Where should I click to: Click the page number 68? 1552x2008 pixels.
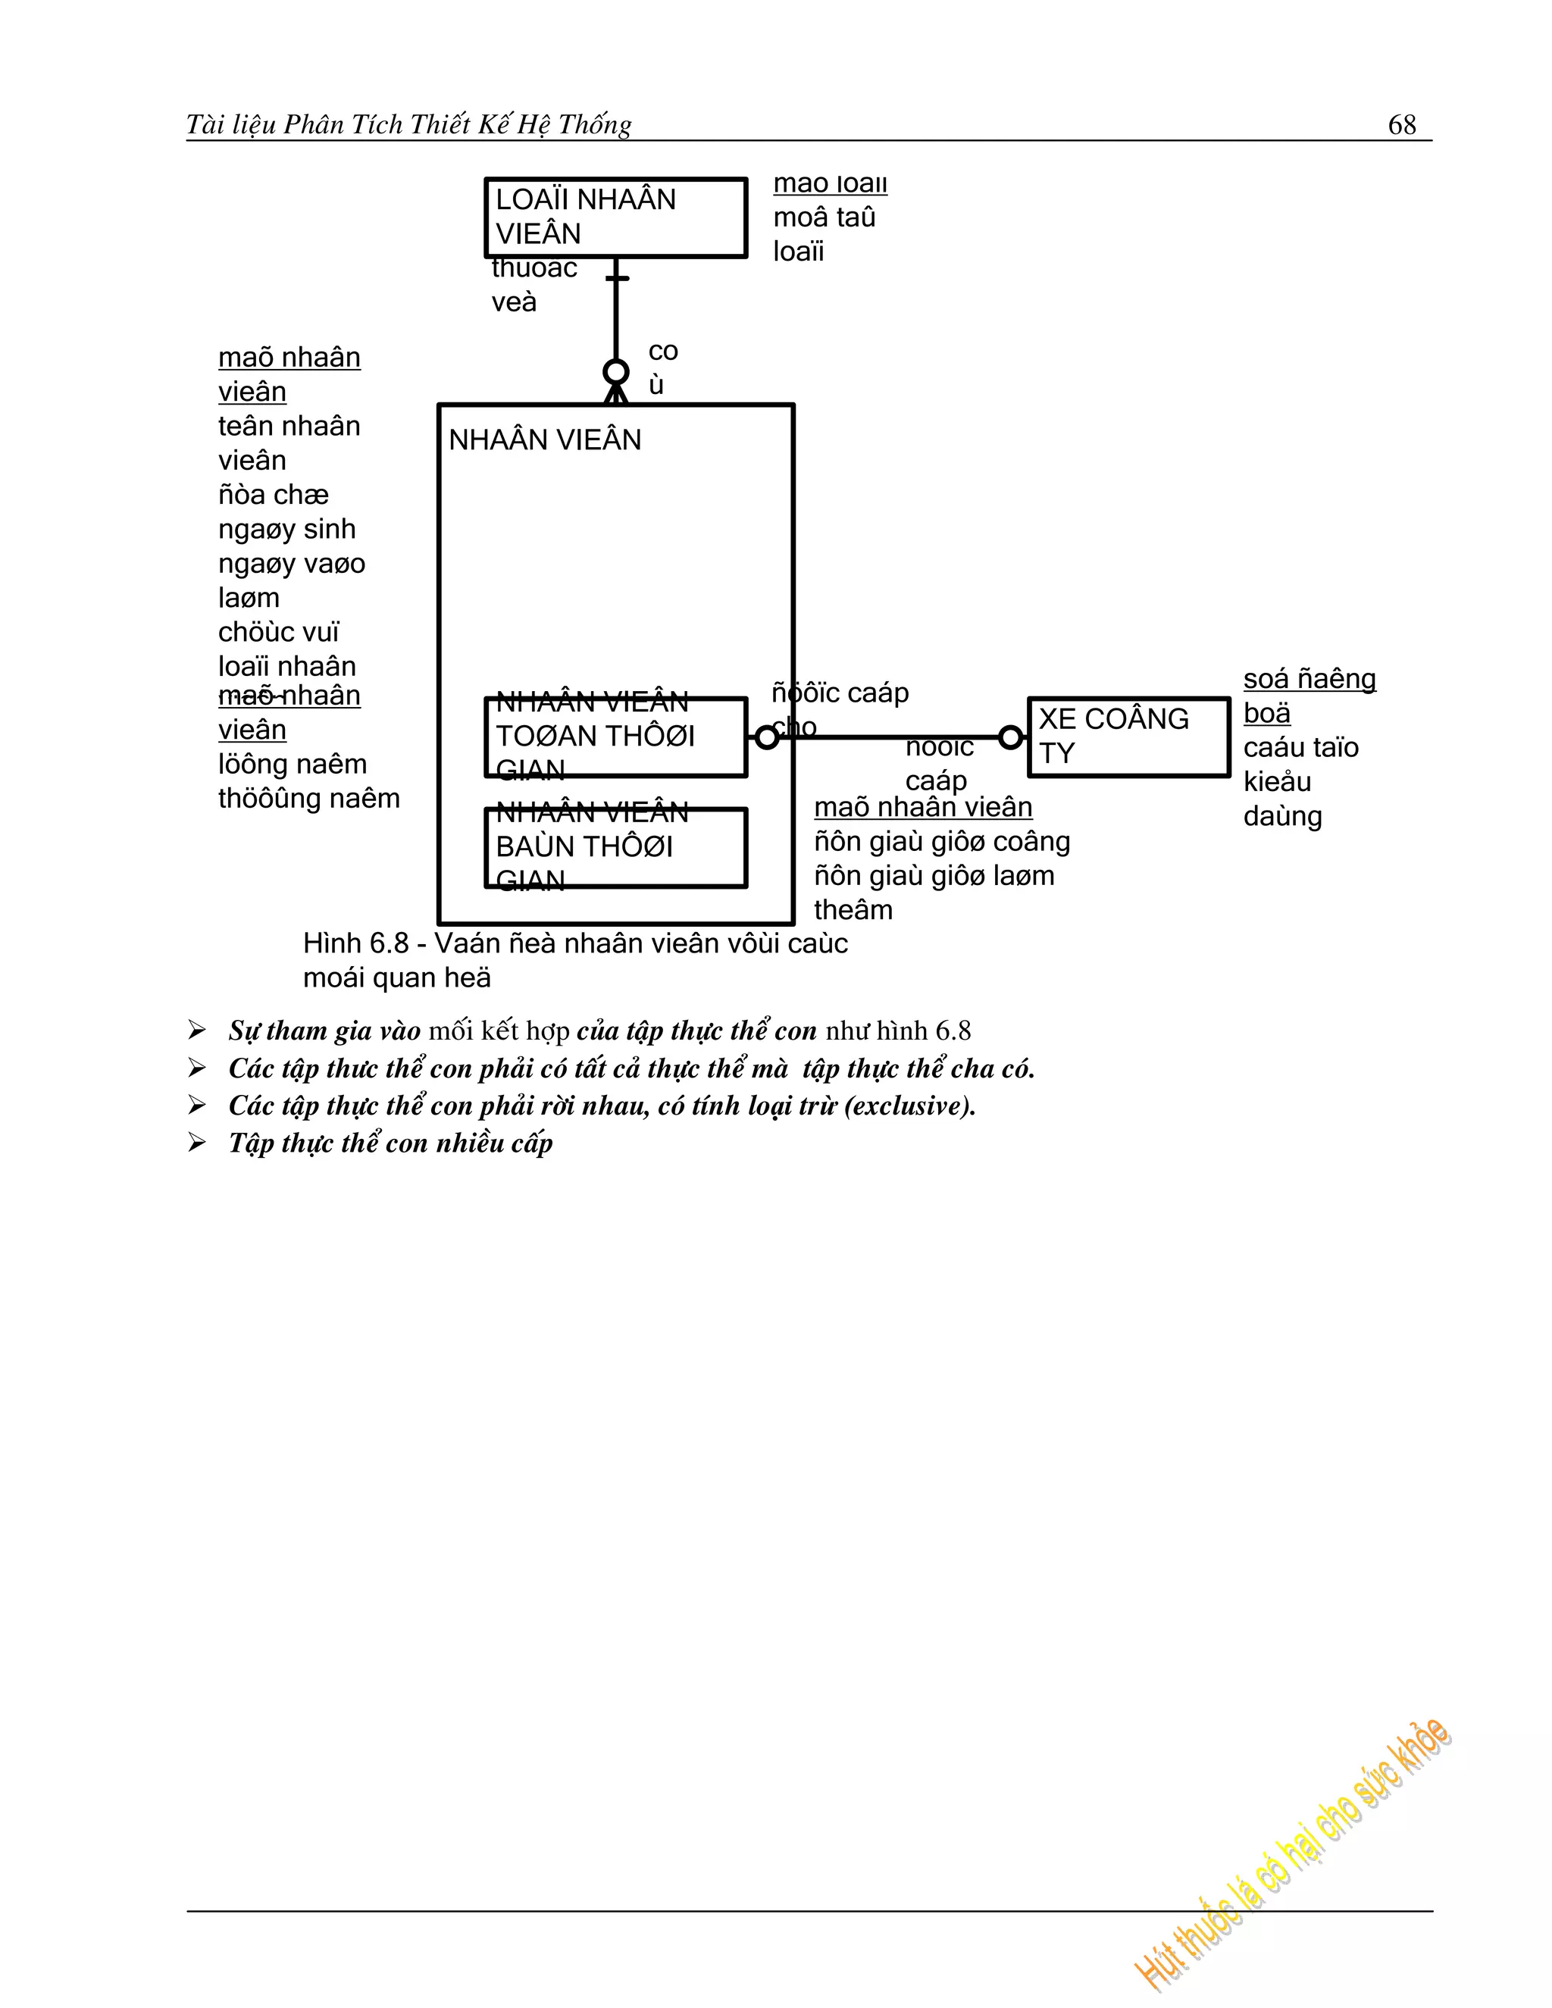[x=1401, y=124]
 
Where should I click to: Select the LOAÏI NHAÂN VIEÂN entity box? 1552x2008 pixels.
[x=615, y=218]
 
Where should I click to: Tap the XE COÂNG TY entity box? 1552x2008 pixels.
[x=1128, y=737]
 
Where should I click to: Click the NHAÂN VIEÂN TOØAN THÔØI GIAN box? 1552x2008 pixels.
[x=615, y=737]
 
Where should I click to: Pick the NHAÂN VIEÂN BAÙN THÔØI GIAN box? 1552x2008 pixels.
[x=615, y=847]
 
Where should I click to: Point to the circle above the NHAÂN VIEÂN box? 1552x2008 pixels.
[x=616, y=372]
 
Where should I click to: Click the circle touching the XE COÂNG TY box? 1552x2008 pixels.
[x=1010, y=737]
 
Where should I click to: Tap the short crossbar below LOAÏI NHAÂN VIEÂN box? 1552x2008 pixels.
[x=617, y=277]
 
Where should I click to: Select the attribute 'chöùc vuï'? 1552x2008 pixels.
[x=279, y=632]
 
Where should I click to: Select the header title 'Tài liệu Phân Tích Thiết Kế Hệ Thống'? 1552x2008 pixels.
[x=409, y=124]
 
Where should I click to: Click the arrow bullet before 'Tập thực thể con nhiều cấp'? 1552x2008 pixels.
[x=197, y=1143]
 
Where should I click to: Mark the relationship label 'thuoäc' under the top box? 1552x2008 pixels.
[x=534, y=268]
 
